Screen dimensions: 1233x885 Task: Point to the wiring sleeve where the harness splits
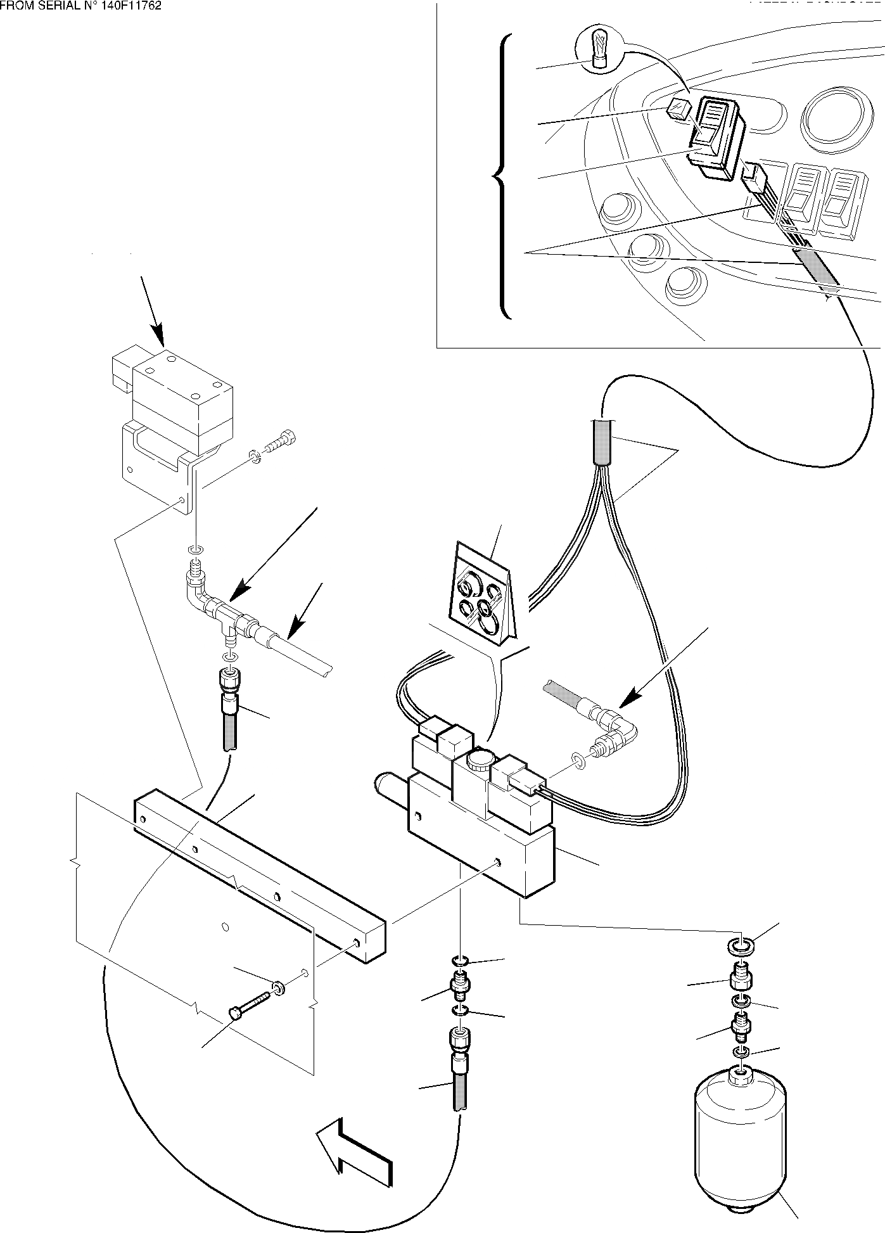pos(602,443)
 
